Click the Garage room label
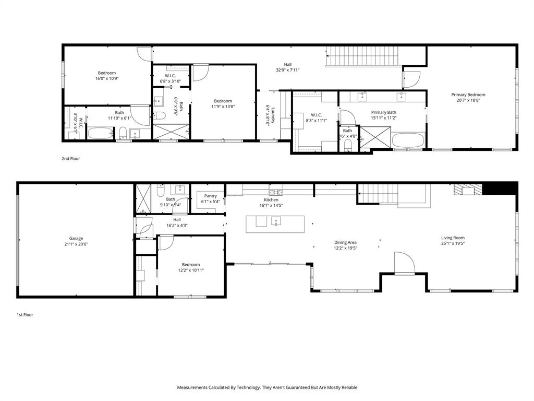76,239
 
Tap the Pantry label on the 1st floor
211,196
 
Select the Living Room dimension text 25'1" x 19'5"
453,243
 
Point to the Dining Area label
345,242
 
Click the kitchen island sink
276,221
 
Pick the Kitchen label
271,200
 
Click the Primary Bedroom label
468,95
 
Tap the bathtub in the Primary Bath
408,140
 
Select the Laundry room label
273,115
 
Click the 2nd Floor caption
71,159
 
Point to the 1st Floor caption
25,315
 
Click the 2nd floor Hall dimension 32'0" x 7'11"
288,70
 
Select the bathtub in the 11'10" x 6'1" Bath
101,133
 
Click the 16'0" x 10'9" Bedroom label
107,73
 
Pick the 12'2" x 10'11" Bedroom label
191,265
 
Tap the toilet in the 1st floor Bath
161,191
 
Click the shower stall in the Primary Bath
375,137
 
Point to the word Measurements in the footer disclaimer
192,387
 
